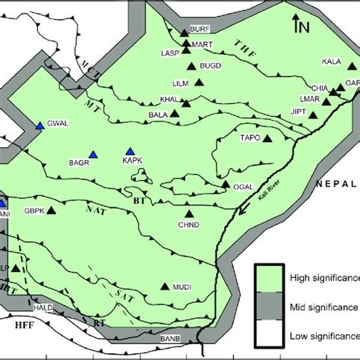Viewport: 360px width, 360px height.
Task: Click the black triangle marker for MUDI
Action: (x=166, y=286)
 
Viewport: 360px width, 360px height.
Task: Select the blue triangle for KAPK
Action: (x=131, y=151)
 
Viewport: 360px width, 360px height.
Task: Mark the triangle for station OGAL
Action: (x=226, y=183)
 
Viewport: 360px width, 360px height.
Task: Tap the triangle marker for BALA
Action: (x=175, y=114)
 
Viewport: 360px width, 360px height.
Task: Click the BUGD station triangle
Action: (x=203, y=66)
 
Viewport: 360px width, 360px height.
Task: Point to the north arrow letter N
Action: (x=304, y=29)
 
